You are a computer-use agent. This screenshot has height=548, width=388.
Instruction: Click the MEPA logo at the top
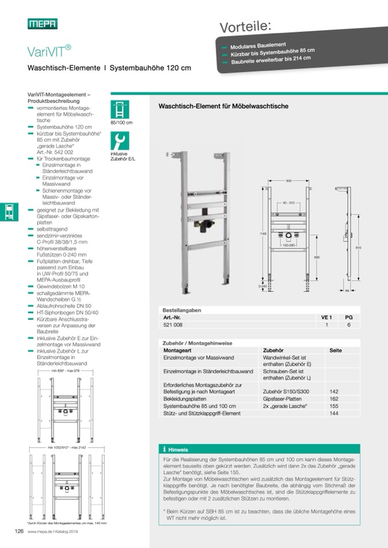click(42, 23)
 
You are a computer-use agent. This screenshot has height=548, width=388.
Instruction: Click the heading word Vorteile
click(246, 26)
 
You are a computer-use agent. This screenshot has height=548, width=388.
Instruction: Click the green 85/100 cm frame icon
click(120, 109)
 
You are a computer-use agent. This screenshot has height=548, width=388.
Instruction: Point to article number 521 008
click(174, 325)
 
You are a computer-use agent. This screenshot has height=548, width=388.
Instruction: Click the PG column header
click(348, 317)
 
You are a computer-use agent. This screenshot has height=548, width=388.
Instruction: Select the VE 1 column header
click(326, 317)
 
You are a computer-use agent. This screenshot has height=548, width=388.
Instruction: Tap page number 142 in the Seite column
click(334, 391)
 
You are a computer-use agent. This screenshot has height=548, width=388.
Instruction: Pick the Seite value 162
click(334, 398)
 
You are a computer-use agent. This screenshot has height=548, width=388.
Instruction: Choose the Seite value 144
click(334, 413)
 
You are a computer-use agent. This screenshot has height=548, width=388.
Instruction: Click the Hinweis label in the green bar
click(178, 449)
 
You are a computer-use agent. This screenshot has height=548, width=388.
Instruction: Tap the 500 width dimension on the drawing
click(288, 181)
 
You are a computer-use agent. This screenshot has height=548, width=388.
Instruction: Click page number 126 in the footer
click(18, 530)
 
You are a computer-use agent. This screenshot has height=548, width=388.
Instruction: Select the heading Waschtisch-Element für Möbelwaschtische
click(223, 106)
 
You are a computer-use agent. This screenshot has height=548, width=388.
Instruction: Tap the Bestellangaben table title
click(182, 310)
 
